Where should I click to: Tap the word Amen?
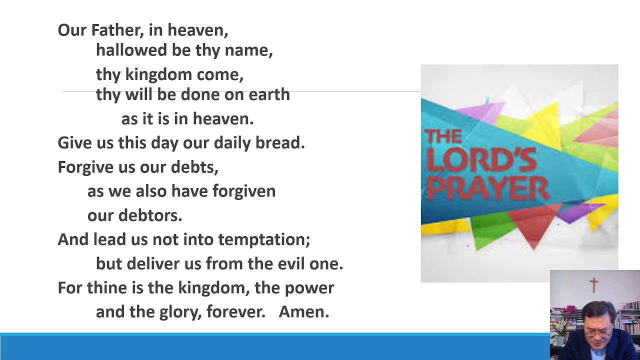coord(304,312)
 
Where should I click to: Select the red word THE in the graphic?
coord(442,136)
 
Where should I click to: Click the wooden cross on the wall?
coord(594,285)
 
